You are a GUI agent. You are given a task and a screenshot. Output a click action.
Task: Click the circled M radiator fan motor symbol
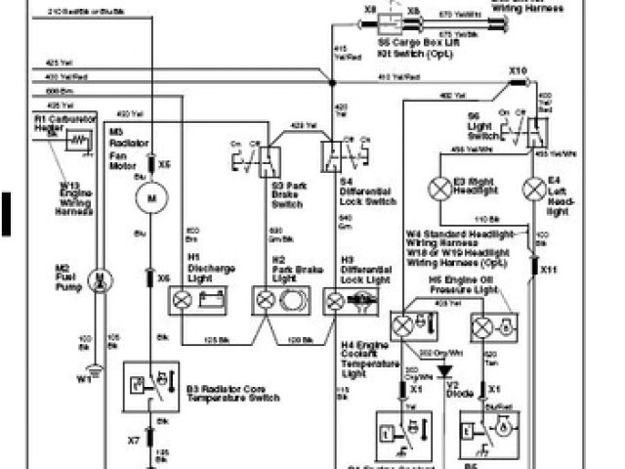(150, 200)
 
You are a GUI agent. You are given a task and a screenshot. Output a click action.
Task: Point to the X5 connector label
(165, 164)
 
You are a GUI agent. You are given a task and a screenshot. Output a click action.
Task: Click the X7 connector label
(133, 442)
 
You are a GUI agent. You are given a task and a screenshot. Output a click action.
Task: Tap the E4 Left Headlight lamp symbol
(532, 186)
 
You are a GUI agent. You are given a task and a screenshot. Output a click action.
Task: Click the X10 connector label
(518, 71)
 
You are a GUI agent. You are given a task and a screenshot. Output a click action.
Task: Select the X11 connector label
(548, 268)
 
